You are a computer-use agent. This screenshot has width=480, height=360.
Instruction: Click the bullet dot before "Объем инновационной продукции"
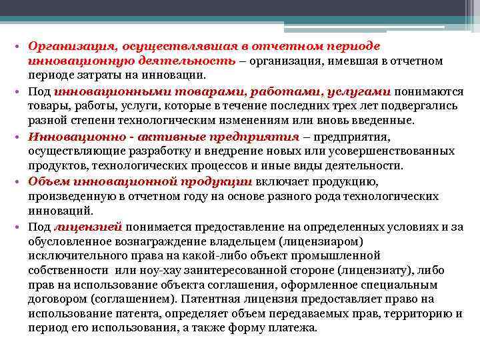point(21,182)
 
